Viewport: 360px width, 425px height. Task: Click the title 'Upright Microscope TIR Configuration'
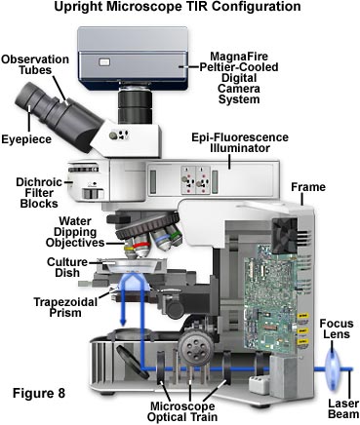(180, 9)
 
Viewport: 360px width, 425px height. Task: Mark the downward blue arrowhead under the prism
(121, 328)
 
